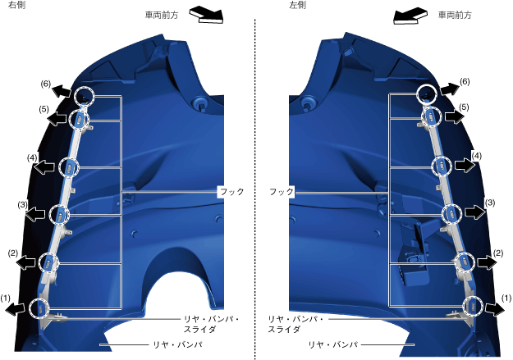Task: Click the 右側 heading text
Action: pos(16,6)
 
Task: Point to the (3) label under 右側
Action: pos(23,204)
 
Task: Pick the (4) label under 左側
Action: pos(475,155)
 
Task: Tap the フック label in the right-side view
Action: pos(231,191)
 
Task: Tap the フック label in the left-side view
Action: pos(282,191)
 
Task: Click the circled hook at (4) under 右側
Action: pos(69,167)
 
